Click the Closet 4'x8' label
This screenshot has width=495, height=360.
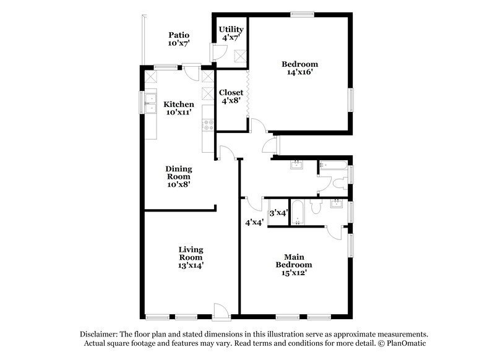pyautogui.click(x=231, y=97)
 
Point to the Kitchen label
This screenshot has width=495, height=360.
pyautogui.click(x=178, y=105)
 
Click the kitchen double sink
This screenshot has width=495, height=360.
pyautogui.click(x=150, y=103)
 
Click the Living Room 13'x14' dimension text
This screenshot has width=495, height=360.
pyautogui.click(x=191, y=265)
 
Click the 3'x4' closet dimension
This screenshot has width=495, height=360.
pyautogui.click(x=278, y=212)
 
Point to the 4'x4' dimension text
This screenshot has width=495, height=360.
pyautogui.click(x=254, y=222)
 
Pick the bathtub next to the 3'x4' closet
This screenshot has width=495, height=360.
pyautogui.click(x=296, y=212)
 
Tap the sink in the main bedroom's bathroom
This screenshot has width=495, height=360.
pyautogui.click(x=338, y=204)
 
